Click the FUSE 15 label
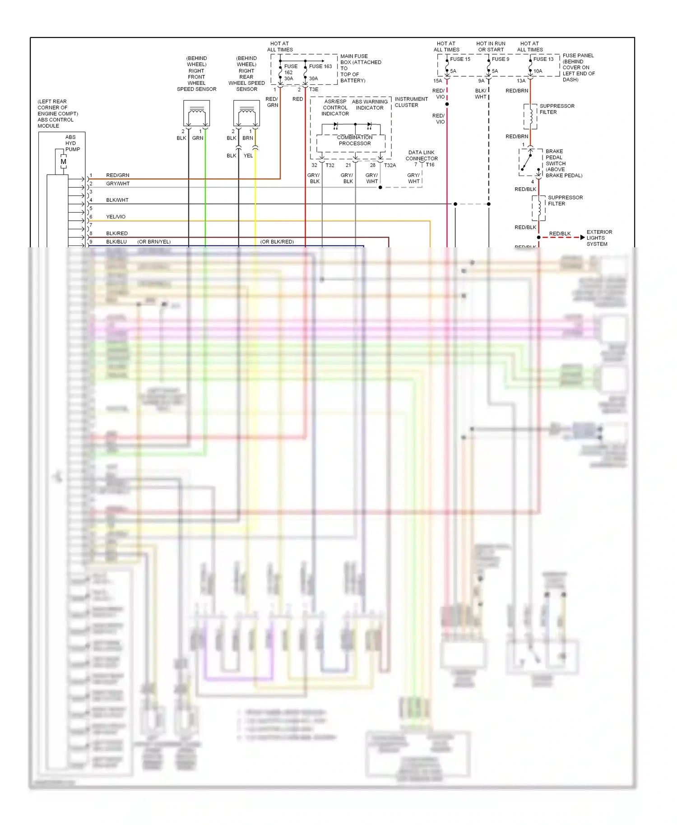[460, 59]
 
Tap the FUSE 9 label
[501, 59]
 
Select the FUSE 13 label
[543, 59]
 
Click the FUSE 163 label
[320, 66]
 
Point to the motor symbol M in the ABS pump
[64, 162]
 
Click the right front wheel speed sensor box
[197, 113]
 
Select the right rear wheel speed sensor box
[246, 113]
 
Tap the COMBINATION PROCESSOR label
[355, 140]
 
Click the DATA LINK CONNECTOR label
[422, 156]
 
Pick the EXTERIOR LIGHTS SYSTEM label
[599, 238]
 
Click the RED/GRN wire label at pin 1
[117, 175]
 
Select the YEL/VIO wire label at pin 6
[116, 217]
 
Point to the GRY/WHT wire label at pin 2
[118, 184]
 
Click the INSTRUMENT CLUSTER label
[411, 102]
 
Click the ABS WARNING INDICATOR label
[370, 105]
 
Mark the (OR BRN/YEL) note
[154, 242]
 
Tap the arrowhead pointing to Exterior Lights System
[583, 237]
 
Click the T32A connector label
[390, 166]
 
